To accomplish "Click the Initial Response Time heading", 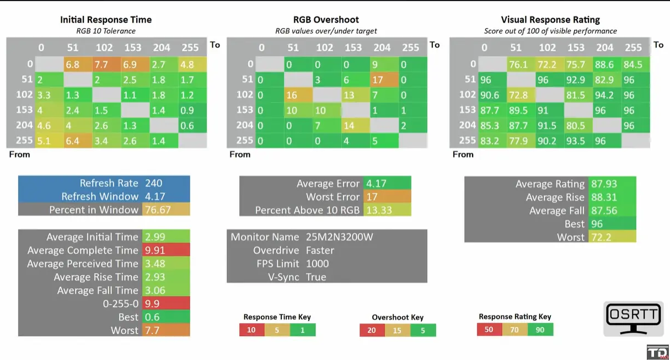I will [x=106, y=20].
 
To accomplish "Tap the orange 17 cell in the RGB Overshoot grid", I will [x=379, y=80].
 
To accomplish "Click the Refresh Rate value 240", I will [x=154, y=183].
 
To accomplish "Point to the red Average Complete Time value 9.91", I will [x=155, y=250].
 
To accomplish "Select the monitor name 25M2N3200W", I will [x=339, y=237].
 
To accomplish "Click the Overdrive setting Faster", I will [x=320, y=250].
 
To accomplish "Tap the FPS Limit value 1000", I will [x=317, y=264].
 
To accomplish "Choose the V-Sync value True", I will [x=316, y=277].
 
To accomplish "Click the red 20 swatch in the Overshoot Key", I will [x=372, y=330].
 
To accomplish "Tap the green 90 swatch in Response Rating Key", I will [x=540, y=329].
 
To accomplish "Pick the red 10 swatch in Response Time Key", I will [x=251, y=330].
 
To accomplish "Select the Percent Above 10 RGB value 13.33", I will [x=378, y=210].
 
